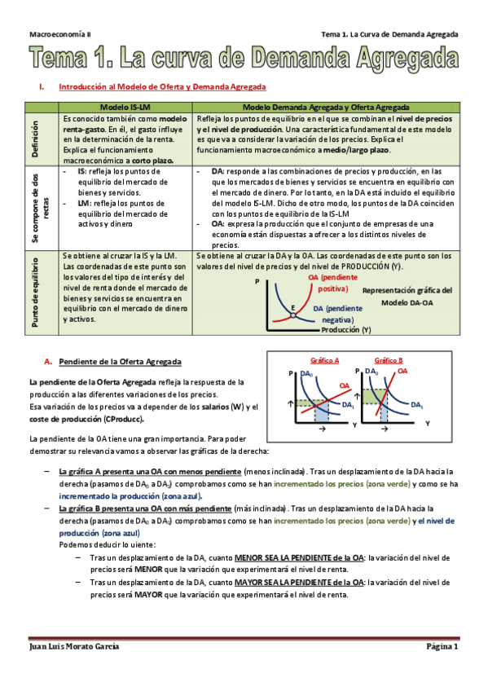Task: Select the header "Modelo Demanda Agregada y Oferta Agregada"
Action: (x=326, y=107)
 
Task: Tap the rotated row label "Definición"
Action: (x=35, y=139)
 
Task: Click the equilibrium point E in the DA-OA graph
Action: (x=292, y=308)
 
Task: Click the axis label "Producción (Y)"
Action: (x=345, y=330)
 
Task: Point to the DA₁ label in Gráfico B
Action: (x=418, y=405)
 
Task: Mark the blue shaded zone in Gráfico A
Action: (x=321, y=412)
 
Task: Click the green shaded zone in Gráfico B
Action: (x=374, y=395)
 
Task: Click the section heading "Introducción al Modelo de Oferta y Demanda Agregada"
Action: (x=162, y=86)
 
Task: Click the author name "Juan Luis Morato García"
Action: (x=74, y=645)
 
